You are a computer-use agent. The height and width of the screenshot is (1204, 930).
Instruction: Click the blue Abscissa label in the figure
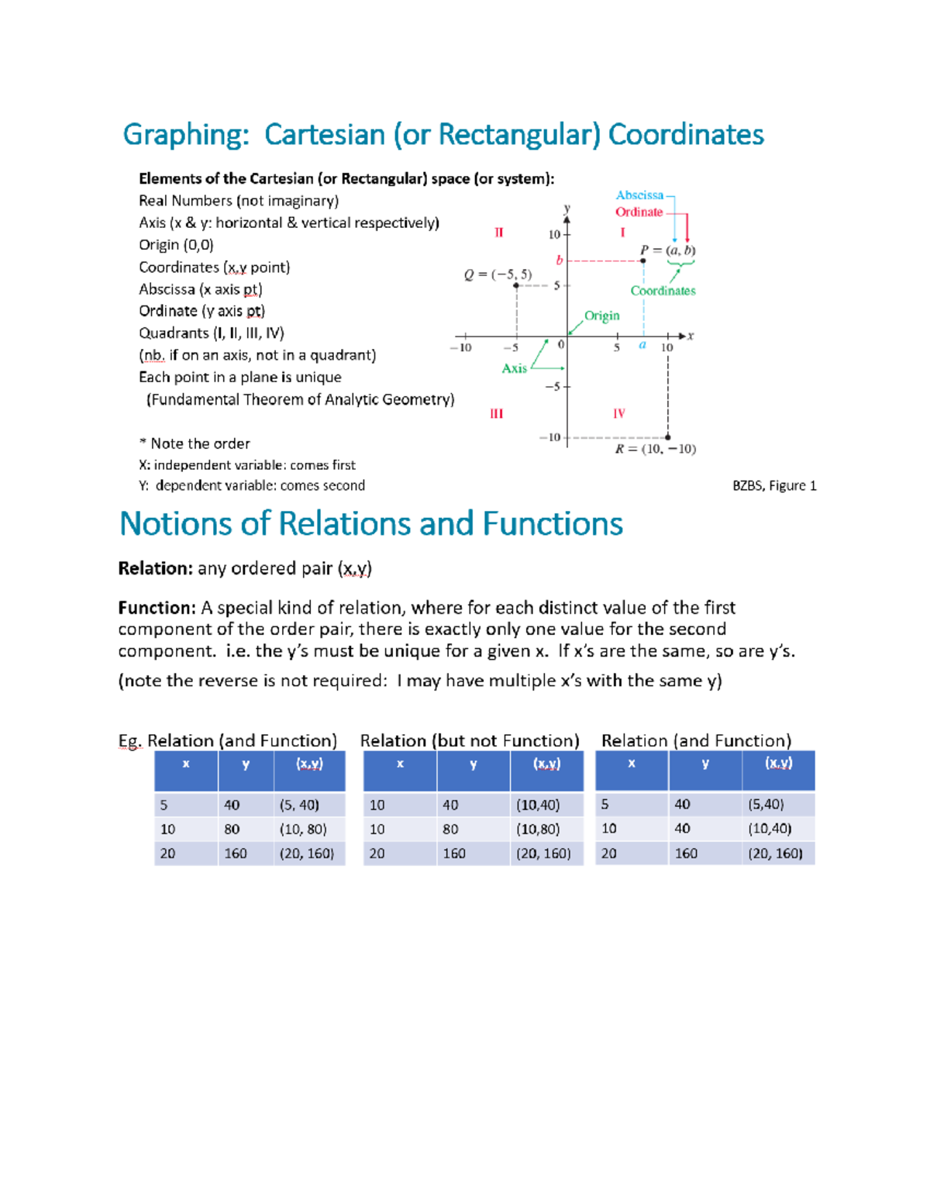point(639,195)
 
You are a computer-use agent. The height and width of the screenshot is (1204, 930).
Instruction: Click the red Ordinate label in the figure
point(639,212)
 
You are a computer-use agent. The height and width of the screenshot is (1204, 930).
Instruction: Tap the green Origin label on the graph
point(601,316)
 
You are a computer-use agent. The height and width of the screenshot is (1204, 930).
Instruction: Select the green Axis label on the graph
point(514,368)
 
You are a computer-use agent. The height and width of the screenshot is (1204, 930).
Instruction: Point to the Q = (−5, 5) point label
point(498,274)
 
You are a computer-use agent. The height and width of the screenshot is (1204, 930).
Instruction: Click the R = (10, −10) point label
point(655,449)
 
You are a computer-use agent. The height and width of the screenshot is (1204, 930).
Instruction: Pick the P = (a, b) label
point(667,250)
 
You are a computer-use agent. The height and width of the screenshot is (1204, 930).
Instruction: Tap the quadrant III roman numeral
point(496,414)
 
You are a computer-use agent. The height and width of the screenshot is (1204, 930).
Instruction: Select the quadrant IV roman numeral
point(618,414)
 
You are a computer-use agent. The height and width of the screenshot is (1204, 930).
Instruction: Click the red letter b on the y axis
point(559,260)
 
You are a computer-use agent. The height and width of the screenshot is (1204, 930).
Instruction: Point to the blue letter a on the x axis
point(642,345)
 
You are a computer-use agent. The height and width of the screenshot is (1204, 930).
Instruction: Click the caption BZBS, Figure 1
point(773,486)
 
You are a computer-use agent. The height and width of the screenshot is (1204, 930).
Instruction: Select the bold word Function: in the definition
point(157,608)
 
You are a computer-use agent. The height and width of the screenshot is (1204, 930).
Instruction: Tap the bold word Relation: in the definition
point(155,569)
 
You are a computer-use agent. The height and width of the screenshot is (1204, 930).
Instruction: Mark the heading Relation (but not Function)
point(470,740)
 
